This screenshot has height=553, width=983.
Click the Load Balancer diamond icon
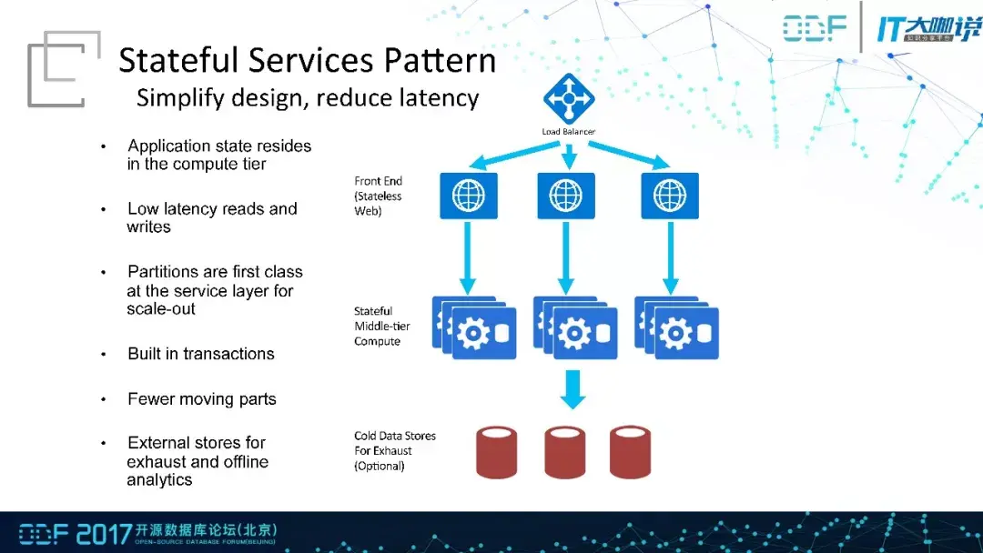tap(569, 98)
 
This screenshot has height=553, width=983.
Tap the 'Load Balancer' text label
tap(569, 132)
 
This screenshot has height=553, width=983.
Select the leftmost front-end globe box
tap(469, 196)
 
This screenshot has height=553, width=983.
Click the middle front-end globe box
tap(566, 196)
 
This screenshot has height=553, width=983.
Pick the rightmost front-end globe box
tap(670, 196)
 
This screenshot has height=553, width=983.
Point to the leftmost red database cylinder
tap(497, 452)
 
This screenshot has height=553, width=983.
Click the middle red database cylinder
tap(565, 452)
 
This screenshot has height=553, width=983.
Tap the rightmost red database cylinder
tap(630, 452)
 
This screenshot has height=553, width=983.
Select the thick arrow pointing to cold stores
tap(573, 389)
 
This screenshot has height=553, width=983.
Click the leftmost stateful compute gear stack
tap(474, 327)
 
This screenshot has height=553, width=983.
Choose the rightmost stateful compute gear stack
tap(676, 327)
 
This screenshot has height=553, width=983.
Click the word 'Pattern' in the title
tap(441, 61)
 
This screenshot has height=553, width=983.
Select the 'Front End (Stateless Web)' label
tap(378, 196)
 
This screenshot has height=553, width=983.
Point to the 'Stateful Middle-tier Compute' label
tap(381, 327)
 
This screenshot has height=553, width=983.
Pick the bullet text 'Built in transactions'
tap(201, 354)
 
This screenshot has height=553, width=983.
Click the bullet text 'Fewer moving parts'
tap(202, 399)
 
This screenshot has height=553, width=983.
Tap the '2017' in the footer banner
tap(104, 534)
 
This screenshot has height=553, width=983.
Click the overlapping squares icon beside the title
tap(64, 69)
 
